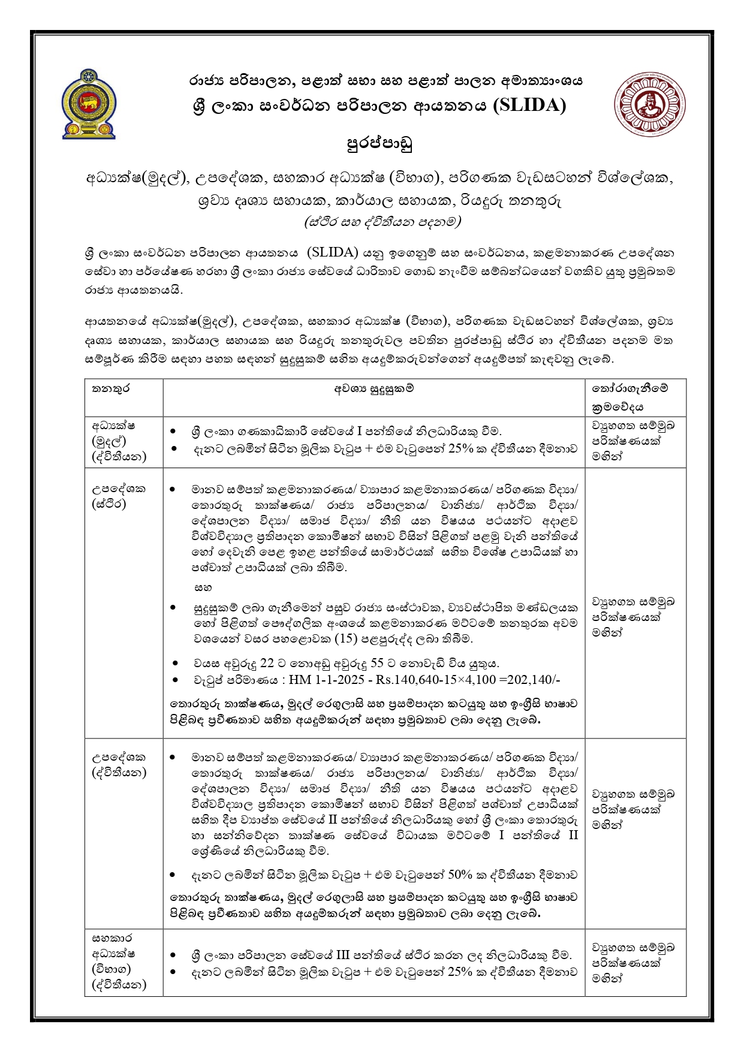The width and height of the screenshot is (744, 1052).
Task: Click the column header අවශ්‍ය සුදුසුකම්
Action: coord(374,388)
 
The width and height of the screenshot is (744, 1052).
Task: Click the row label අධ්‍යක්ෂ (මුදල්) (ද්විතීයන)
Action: coord(119,441)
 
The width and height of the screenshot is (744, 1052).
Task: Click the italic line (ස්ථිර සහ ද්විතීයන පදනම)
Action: coord(382,222)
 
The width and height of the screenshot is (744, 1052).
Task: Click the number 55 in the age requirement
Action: coord(378,664)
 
